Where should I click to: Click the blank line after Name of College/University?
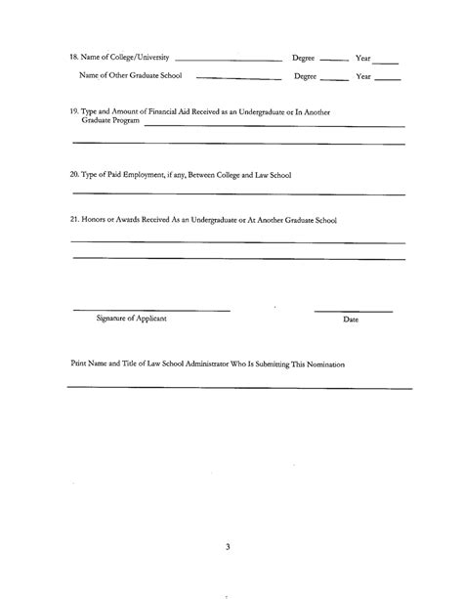[x=228, y=60]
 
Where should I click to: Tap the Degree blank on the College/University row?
[x=334, y=60]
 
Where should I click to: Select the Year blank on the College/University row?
[x=386, y=60]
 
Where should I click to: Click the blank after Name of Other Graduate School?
[x=238, y=77]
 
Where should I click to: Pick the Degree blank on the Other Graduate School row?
[x=334, y=77]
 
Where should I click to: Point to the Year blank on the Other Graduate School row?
[x=387, y=77]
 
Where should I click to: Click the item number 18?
[x=76, y=57]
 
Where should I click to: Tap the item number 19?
[x=75, y=112]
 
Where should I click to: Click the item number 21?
[x=75, y=221]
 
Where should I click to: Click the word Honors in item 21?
[x=100, y=221]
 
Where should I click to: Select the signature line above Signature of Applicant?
[x=151, y=310]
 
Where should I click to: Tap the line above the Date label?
[x=353, y=310]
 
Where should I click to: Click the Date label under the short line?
[x=352, y=321]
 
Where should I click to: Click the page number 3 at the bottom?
[x=227, y=546]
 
